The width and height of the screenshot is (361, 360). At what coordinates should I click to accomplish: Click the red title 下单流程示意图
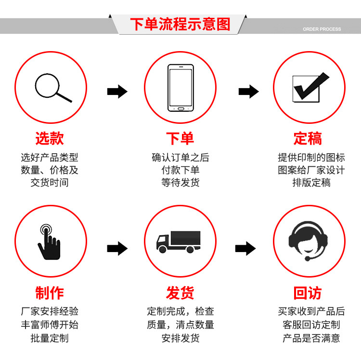[180, 24]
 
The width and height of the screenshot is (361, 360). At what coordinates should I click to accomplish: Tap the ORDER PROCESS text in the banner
[322, 29]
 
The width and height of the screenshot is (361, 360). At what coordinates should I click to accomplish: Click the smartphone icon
[180, 88]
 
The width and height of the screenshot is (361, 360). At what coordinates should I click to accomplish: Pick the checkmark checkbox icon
[310, 87]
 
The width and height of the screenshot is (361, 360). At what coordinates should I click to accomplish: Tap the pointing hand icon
[49, 242]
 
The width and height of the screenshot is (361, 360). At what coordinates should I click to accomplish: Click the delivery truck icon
[179, 242]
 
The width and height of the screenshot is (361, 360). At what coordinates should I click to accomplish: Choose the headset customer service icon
[308, 241]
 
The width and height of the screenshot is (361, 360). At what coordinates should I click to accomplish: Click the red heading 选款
[50, 138]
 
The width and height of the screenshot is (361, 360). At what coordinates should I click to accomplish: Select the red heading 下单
[180, 138]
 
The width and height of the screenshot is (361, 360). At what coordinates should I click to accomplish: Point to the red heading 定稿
[308, 138]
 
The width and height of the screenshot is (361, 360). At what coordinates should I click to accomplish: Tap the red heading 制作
[50, 293]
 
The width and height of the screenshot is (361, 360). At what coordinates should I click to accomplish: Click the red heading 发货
[180, 293]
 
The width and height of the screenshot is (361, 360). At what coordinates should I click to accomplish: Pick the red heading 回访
[308, 293]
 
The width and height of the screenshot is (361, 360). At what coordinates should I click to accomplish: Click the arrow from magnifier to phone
[117, 92]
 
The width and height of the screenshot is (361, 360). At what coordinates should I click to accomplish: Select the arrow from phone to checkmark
[249, 92]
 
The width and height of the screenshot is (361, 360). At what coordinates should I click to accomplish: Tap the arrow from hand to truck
[117, 249]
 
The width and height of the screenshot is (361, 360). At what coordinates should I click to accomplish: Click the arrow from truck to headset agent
[245, 249]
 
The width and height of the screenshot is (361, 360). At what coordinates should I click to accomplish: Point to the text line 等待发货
[180, 183]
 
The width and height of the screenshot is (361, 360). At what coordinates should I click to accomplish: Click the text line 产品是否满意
[311, 338]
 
